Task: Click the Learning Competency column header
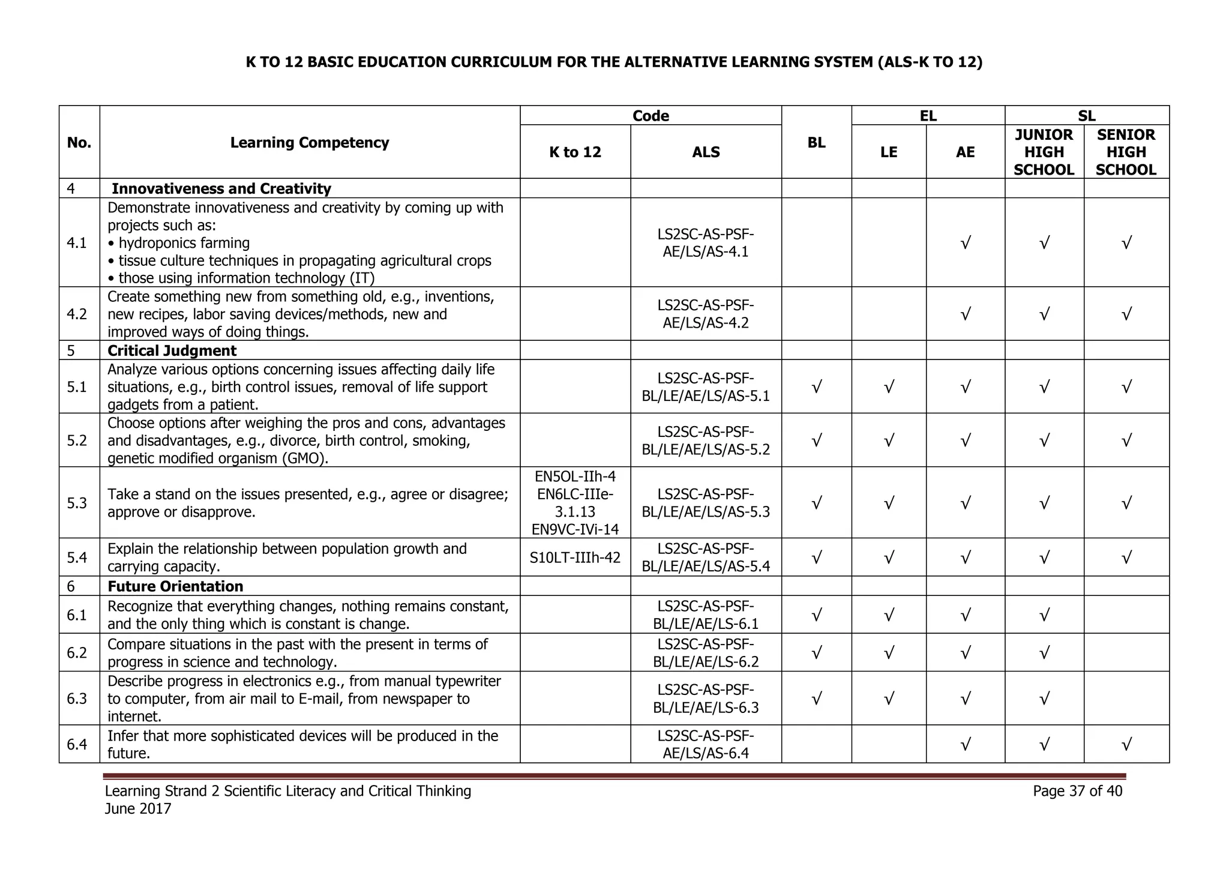(309, 142)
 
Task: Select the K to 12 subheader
(574, 152)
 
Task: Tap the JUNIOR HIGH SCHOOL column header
(1044, 152)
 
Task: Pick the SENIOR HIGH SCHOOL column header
(1126, 152)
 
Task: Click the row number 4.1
(77, 242)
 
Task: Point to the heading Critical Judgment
(172, 350)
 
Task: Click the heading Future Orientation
(175, 586)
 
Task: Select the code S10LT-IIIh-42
(574, 558)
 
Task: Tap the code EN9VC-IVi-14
(574, 529)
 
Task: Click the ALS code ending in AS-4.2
(705, 314)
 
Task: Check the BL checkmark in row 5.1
(816, 387)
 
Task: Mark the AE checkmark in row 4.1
(965, 243)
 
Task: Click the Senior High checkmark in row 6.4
(1126, 745)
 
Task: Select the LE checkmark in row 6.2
(889, 653)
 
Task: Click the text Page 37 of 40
(1077, 791)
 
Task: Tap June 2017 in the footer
(138, 809)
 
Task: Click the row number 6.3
(77, 699)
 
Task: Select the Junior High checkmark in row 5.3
(1044, 503)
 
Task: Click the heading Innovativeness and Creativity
(221, 188)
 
